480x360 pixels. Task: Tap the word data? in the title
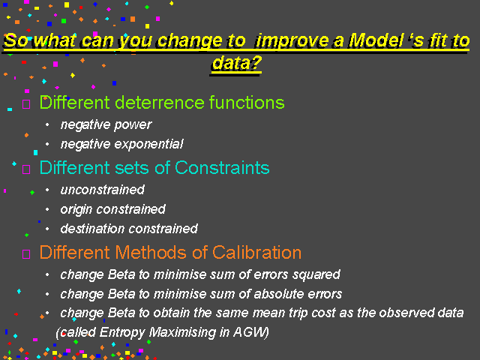point(237,63)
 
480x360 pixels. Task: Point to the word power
point(133,125)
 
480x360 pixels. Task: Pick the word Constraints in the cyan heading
point(222,168)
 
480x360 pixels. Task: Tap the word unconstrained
point(102,190)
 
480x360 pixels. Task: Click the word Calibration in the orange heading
point(256,253)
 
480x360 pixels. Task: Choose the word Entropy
point(122,333)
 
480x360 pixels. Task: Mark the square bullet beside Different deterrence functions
point(26,104)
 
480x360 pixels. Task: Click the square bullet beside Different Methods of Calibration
point(26,254)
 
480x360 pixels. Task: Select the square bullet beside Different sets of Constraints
point(26,169)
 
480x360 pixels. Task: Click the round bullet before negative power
point(47,124)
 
